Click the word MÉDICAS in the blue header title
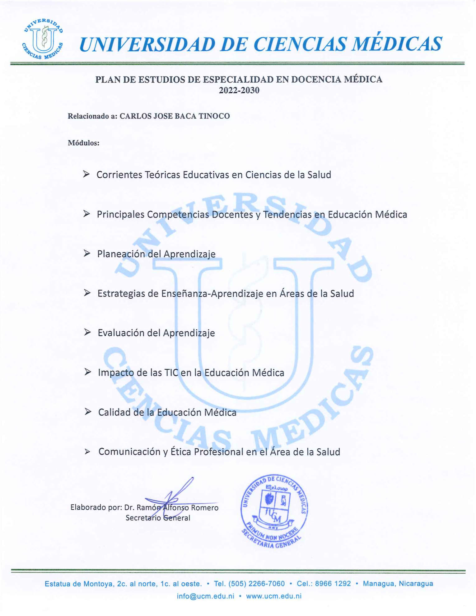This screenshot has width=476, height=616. click(397, 44)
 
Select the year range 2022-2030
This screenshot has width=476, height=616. click(239, 90)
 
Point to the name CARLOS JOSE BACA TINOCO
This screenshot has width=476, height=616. click(175, 116)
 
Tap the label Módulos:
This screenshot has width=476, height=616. click(84, 143)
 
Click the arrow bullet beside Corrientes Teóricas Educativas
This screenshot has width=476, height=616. click(86, 174)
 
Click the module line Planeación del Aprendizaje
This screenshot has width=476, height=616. click(156, 254)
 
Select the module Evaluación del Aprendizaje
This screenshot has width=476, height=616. click(156, 333)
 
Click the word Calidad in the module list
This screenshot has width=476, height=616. click(114, 412)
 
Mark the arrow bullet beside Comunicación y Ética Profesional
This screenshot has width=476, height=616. click(87, 452)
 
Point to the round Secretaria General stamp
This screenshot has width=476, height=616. click(274, 511)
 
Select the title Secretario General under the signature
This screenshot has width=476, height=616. click(158, 518)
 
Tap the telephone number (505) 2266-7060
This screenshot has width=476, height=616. click(257, 584)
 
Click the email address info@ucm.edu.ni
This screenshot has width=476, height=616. click(205, 596)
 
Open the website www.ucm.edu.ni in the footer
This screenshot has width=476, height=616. click(274, 596)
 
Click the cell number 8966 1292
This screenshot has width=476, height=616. click(333, 584)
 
